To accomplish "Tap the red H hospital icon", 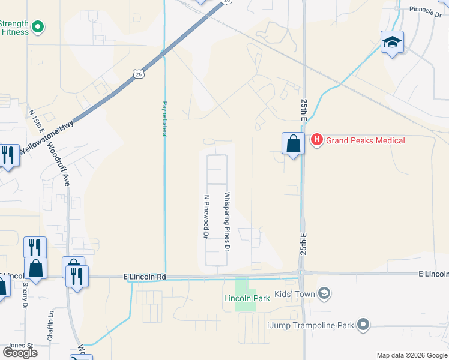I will point(316,140).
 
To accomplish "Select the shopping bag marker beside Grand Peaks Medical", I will point(293,144).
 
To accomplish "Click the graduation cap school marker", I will point(392,42).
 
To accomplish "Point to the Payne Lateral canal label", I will point(164,119).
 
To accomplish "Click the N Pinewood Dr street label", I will point(206,217).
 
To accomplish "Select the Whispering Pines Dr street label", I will point(227,221).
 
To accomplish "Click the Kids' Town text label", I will point(294,293).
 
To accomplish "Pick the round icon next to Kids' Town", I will point(325,293).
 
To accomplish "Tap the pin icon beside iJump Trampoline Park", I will point(363,325).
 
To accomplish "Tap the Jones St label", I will point(20,345).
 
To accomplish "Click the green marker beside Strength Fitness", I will point(38,27).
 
